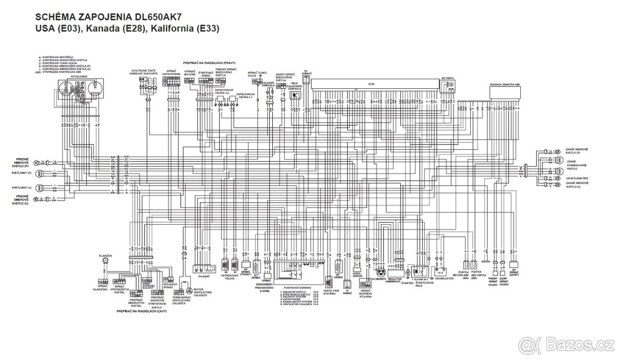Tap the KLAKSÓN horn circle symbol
pyautogui.click(x=105, y=262)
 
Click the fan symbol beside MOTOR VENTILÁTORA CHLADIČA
pyautogui.click(x=189, y=292)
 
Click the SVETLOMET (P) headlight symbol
pyautogui.click(x=43, y=173)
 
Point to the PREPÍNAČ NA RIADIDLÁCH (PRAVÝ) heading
pyautogui.click(x=209, y=62)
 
